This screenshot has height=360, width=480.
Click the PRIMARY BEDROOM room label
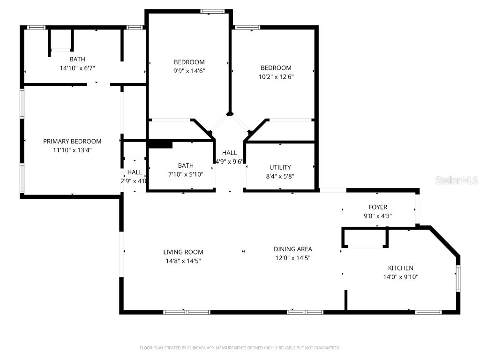pyautogui.click(x=72, y=141)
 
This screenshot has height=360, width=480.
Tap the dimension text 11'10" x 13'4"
pyautogui.click(x=72, y=150)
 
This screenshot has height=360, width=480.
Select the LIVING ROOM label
pyautogui.click(x=183, y=252)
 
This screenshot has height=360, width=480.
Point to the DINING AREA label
pyautogui.click(x=293, y=249)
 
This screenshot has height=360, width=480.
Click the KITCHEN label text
pyautogui.click(x=400, y=268)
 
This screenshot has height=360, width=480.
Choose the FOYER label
pyautogui.click(x=378, y=207)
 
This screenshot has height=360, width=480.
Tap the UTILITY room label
pyautogui.click(x=280, y=167)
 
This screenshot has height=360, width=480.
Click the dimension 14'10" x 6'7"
pyautogui.click(x=77, y=68)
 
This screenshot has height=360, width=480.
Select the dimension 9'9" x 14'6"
pyautogui.click(x=189, y=71)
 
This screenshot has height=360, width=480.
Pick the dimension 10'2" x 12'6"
pyautogui.click(x=276, y=76)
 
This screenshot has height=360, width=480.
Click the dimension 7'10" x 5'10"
pyautogui.click(x=186, y=174)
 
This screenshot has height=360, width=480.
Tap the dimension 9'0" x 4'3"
pyautogui.click(x=378, y=216)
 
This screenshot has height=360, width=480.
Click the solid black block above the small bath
pyautogui.click(x=160, y=144)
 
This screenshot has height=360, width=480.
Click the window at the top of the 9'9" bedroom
pyautogui.click(x=212, y=11)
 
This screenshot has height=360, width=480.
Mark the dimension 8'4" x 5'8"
pyautogui.click(x=280, y=176)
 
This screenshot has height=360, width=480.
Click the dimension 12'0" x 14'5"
pyautogui.click(x=293, y=258)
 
